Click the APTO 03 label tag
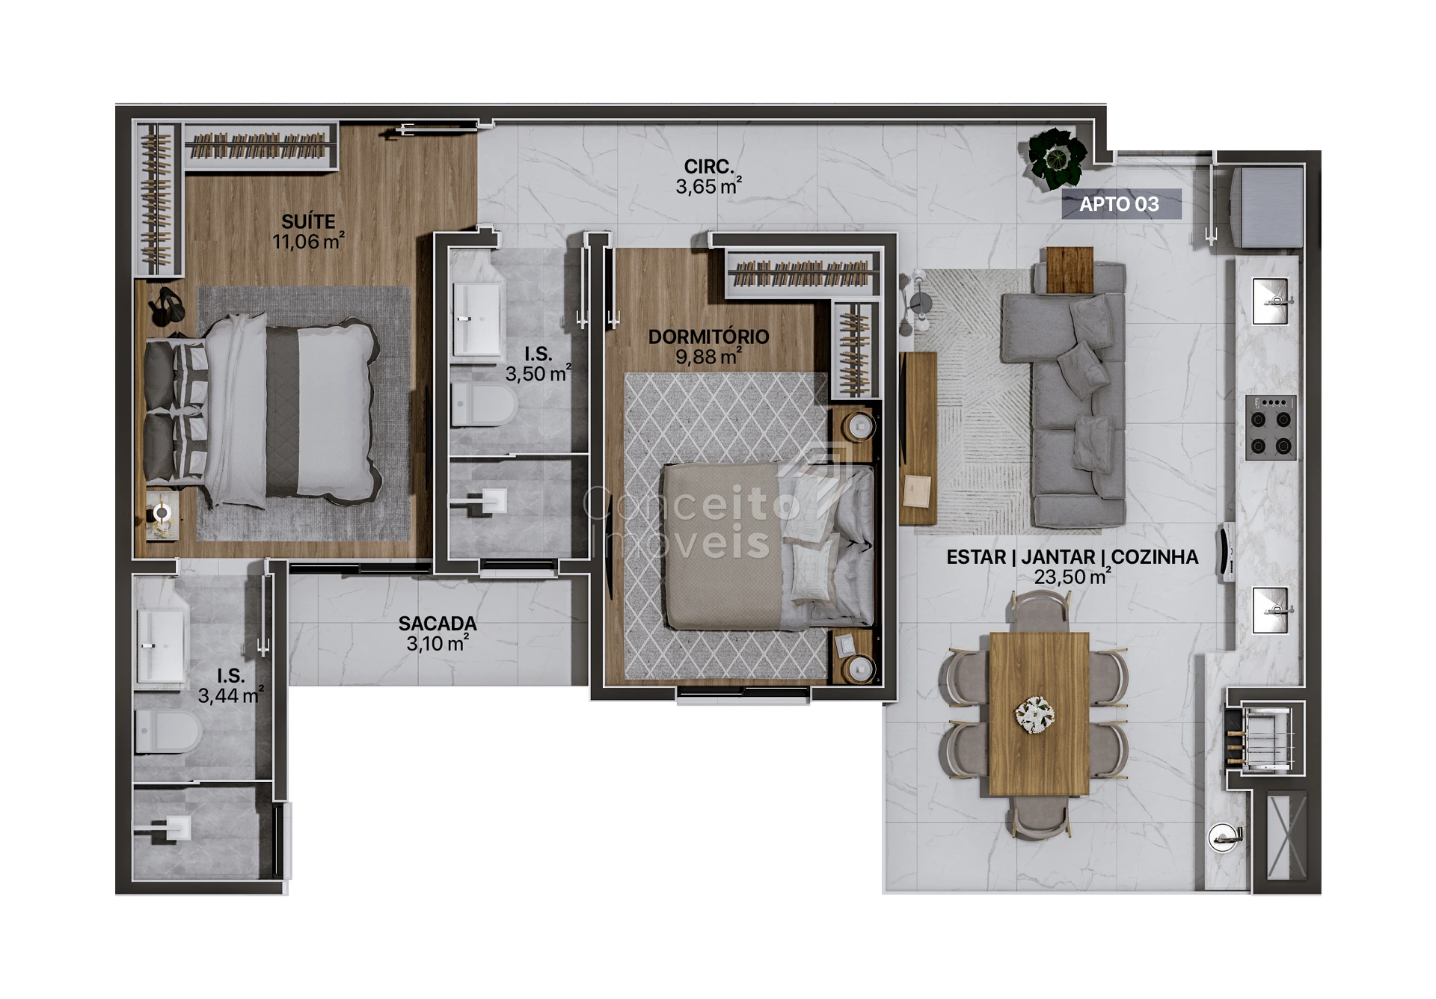1120,203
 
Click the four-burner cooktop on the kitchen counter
1271,427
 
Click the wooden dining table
1039,713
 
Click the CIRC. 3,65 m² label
708,176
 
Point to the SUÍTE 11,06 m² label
308,231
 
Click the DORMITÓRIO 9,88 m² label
708,346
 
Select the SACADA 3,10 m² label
438,633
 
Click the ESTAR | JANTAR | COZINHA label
1073,557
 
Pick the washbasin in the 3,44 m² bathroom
160,645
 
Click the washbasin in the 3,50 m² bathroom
476,319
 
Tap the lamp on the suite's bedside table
162,514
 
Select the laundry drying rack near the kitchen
1263,740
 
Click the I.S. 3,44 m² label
230,686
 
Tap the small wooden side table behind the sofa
1070,269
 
